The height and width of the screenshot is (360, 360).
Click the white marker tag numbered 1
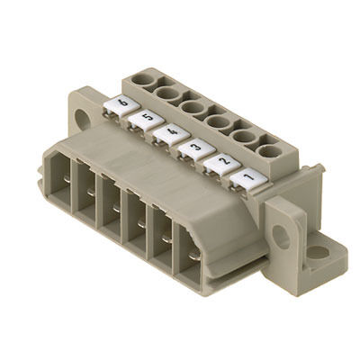(248, 180)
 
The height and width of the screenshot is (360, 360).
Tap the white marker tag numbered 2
(222, 165)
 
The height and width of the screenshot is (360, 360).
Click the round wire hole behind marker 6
(143, 79)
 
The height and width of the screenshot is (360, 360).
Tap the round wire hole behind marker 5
(167, 94)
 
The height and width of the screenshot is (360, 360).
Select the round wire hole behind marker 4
(193, 107)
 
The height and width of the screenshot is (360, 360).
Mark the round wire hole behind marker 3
(219, 122)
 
